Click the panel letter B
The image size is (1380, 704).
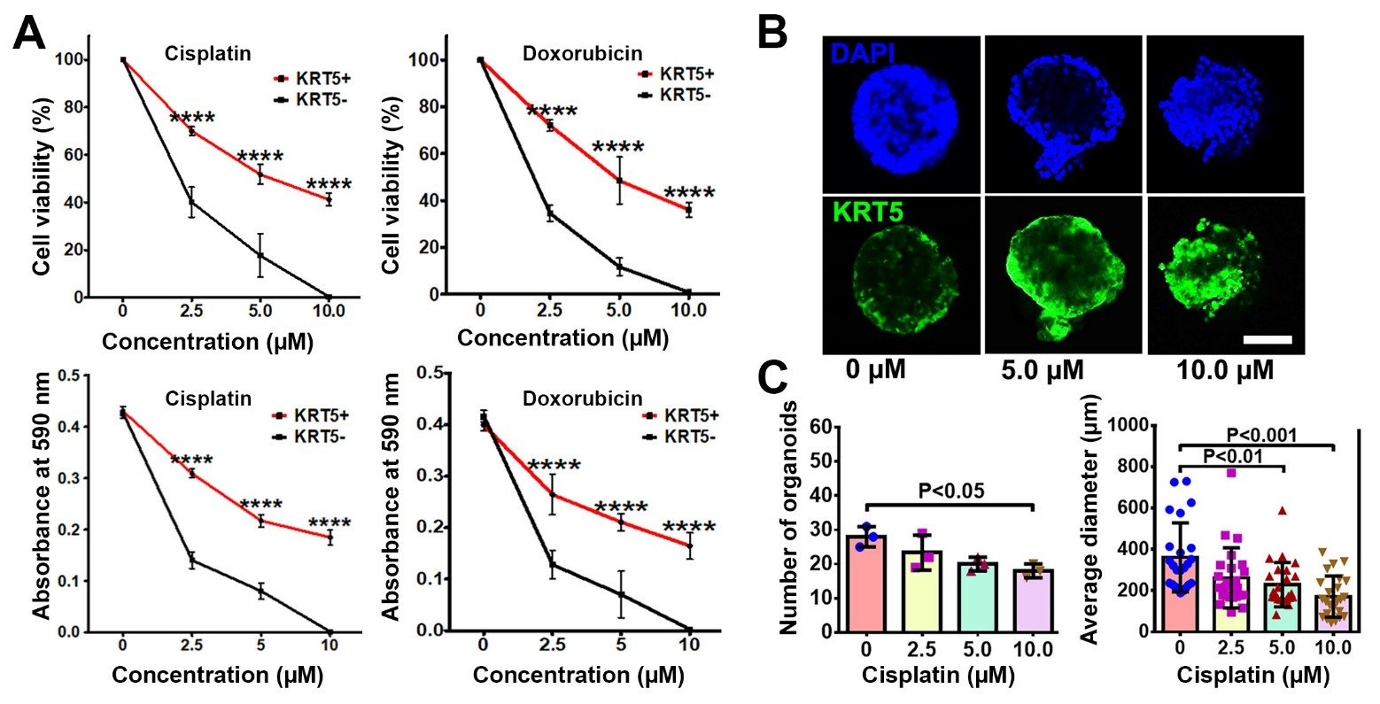click(773, 34)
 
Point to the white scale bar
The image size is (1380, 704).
click(1267, 339)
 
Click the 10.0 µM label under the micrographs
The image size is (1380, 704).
click(1226, 369)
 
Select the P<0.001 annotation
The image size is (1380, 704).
click(1273, 435)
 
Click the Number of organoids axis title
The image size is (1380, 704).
click(790, 517)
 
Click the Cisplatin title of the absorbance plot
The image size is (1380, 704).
click(208, 398)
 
